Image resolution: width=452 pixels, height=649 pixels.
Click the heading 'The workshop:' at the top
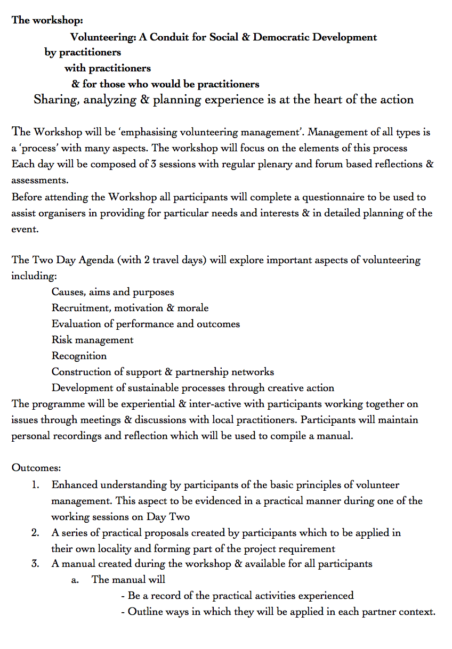47,21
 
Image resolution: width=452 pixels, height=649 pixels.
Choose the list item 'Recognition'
79,356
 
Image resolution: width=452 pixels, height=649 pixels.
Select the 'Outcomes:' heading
36,468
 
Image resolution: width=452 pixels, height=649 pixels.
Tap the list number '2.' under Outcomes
35,532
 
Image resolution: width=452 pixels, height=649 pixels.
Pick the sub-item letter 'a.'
75,580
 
